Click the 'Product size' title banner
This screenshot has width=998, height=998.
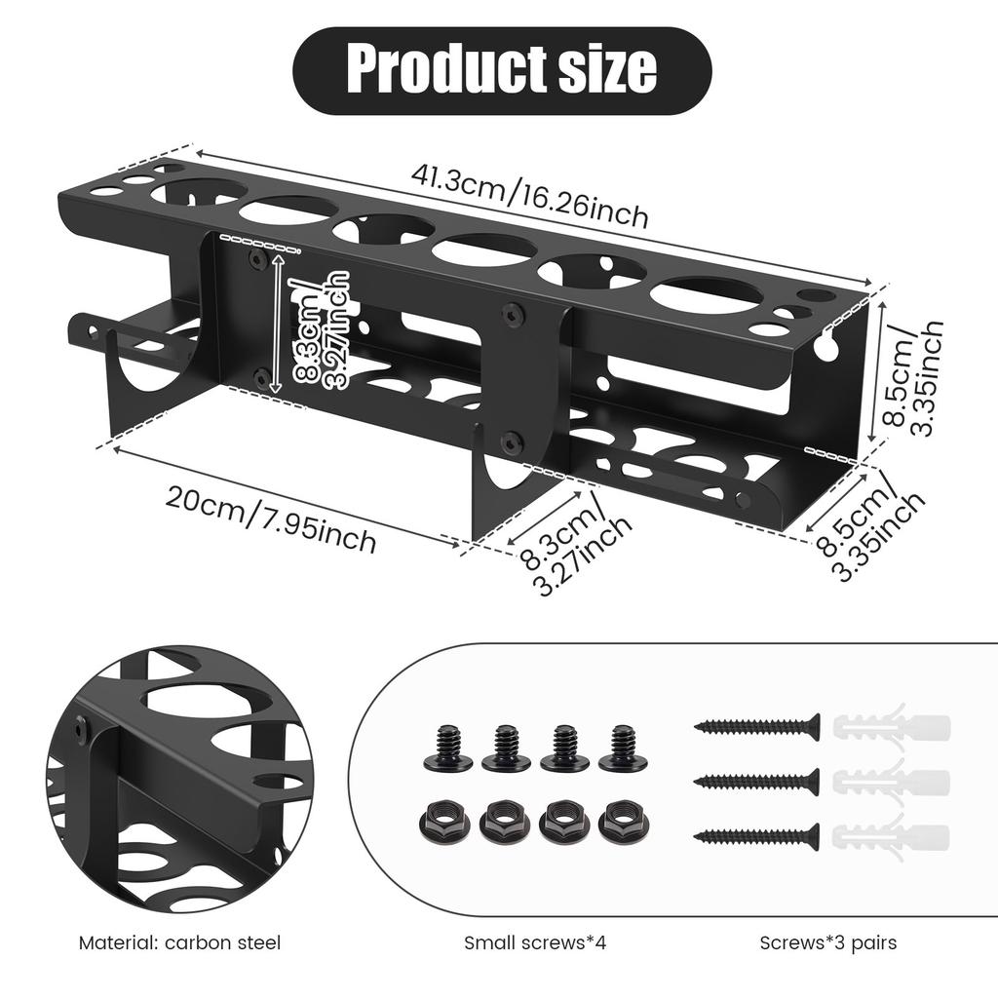pyautogui.click(x=502, y=70)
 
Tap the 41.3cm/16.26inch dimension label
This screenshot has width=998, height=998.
pyautogui.click(x=529, y=195)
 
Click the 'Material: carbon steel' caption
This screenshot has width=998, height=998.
pyautogui.click(x=179, y=942)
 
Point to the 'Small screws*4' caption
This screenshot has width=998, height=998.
pyautogui.click(x=534, y=942)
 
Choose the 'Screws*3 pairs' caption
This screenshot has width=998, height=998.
pyautogui.click(x=828, y=942)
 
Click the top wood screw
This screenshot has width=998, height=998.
pyautogui.click(x=756, y=726)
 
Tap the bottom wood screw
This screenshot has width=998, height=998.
pyautogui.click(x=756, y=835)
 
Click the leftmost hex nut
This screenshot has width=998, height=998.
pyautogui.click(x=444, y=821)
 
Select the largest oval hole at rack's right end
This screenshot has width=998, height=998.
pyautogui.click(x=708, y=296)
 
